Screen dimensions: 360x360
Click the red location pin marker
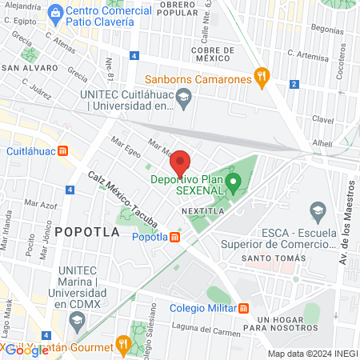[181, 162]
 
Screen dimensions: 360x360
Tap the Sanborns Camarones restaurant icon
[261, 77]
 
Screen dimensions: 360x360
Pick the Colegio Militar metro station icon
[244, 308]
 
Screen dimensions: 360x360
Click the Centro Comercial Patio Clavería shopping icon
[54, 12]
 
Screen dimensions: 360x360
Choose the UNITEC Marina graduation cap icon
[78, 323]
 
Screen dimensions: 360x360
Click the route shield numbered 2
[294, 84]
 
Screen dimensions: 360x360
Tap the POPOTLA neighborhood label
[87, 232]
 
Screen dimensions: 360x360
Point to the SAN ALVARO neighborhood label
[26, 68]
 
